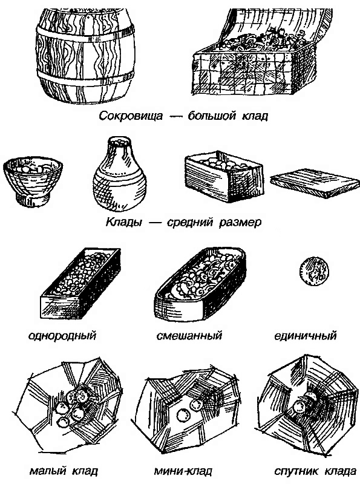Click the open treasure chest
click(x=249, y=57)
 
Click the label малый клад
click(x=64, y=471)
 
